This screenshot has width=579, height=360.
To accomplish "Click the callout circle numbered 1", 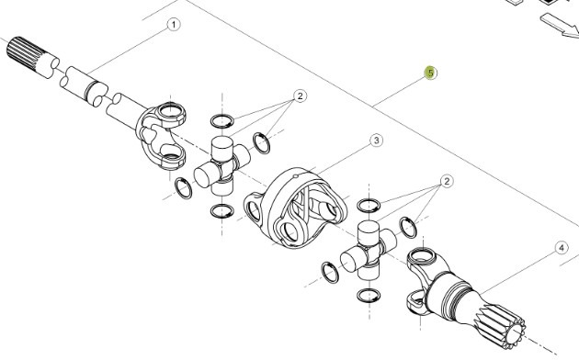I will (172, 26).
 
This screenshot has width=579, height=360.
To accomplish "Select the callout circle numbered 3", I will (376, 141).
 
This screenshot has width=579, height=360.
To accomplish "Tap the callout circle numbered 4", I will (560, 246).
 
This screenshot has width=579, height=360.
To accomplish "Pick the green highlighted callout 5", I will (429, 73).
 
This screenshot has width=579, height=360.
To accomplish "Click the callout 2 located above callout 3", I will (300, 96).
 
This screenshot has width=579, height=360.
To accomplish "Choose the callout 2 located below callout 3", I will (446, 182).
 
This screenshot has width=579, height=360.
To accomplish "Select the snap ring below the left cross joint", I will (221, 212).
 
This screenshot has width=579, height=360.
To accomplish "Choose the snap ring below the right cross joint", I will (368, 295).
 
